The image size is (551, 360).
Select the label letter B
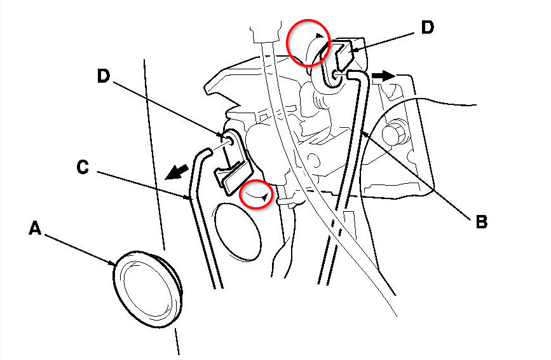click(481, 222)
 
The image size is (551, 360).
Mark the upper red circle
click(308, 43)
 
